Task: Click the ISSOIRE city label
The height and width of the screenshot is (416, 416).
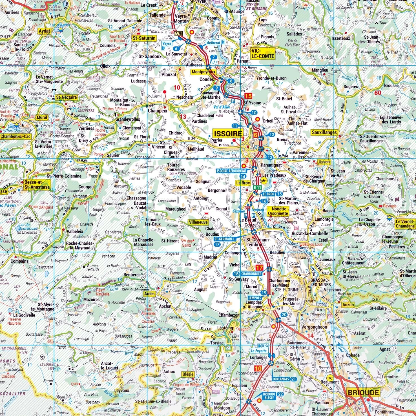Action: coord(228,134)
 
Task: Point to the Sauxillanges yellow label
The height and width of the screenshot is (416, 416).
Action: coord(324,132)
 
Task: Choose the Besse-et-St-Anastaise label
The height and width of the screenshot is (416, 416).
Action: coord(37,185)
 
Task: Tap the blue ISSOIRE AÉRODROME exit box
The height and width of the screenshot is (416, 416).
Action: coord(232,171)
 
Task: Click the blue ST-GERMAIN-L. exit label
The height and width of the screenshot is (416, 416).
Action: coord(224,239)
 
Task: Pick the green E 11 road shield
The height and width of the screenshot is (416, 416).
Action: coord(257,187)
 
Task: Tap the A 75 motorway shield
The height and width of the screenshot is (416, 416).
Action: coord(179,33)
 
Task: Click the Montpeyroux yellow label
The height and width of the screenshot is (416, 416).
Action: coord(203,72)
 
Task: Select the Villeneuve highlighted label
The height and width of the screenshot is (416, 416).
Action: coord(198,222)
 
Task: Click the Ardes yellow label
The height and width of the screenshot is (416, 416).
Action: coord(149,294)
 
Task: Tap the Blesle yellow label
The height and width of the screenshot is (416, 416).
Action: coord(188,374)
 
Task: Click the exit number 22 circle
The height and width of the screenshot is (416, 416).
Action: coord(280,394)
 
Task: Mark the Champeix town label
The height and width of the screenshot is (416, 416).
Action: coord(158,111)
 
